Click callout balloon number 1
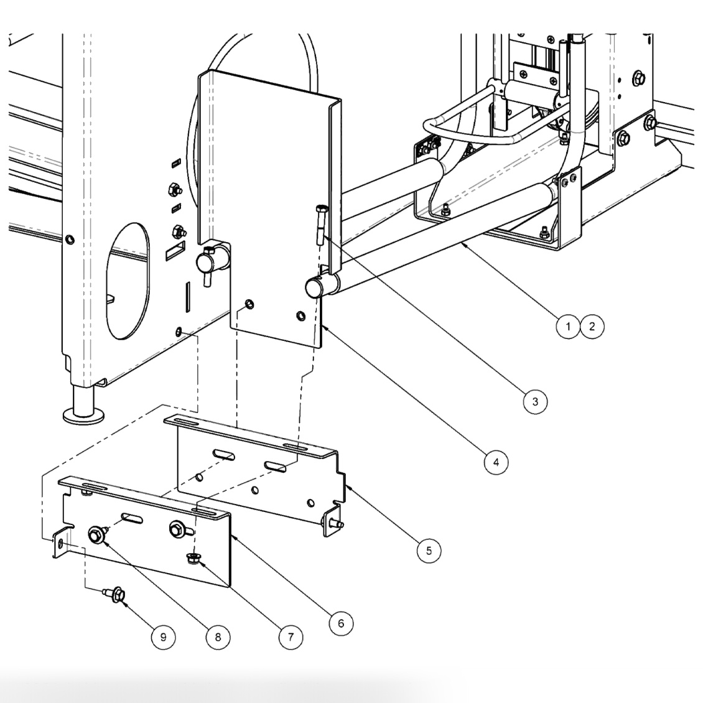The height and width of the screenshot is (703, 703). tap(567, 326)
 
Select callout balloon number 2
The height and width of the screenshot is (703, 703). tap(592, 326)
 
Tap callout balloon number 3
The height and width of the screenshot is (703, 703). tap(535, 401)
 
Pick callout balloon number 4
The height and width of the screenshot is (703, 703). tap(495, 462)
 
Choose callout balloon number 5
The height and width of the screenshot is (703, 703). tap(429, 550)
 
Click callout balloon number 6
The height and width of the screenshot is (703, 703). tap(341, 623)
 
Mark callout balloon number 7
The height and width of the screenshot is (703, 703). tap(290, 636)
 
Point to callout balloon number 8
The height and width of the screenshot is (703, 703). tap(218, 636)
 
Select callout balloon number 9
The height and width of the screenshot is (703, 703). tap(163, 636)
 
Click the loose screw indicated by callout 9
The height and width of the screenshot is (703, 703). tap(116, 595)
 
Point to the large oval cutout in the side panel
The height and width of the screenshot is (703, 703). tap(128, 280)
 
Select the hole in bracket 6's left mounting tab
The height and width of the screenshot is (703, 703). tap(60, 543)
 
